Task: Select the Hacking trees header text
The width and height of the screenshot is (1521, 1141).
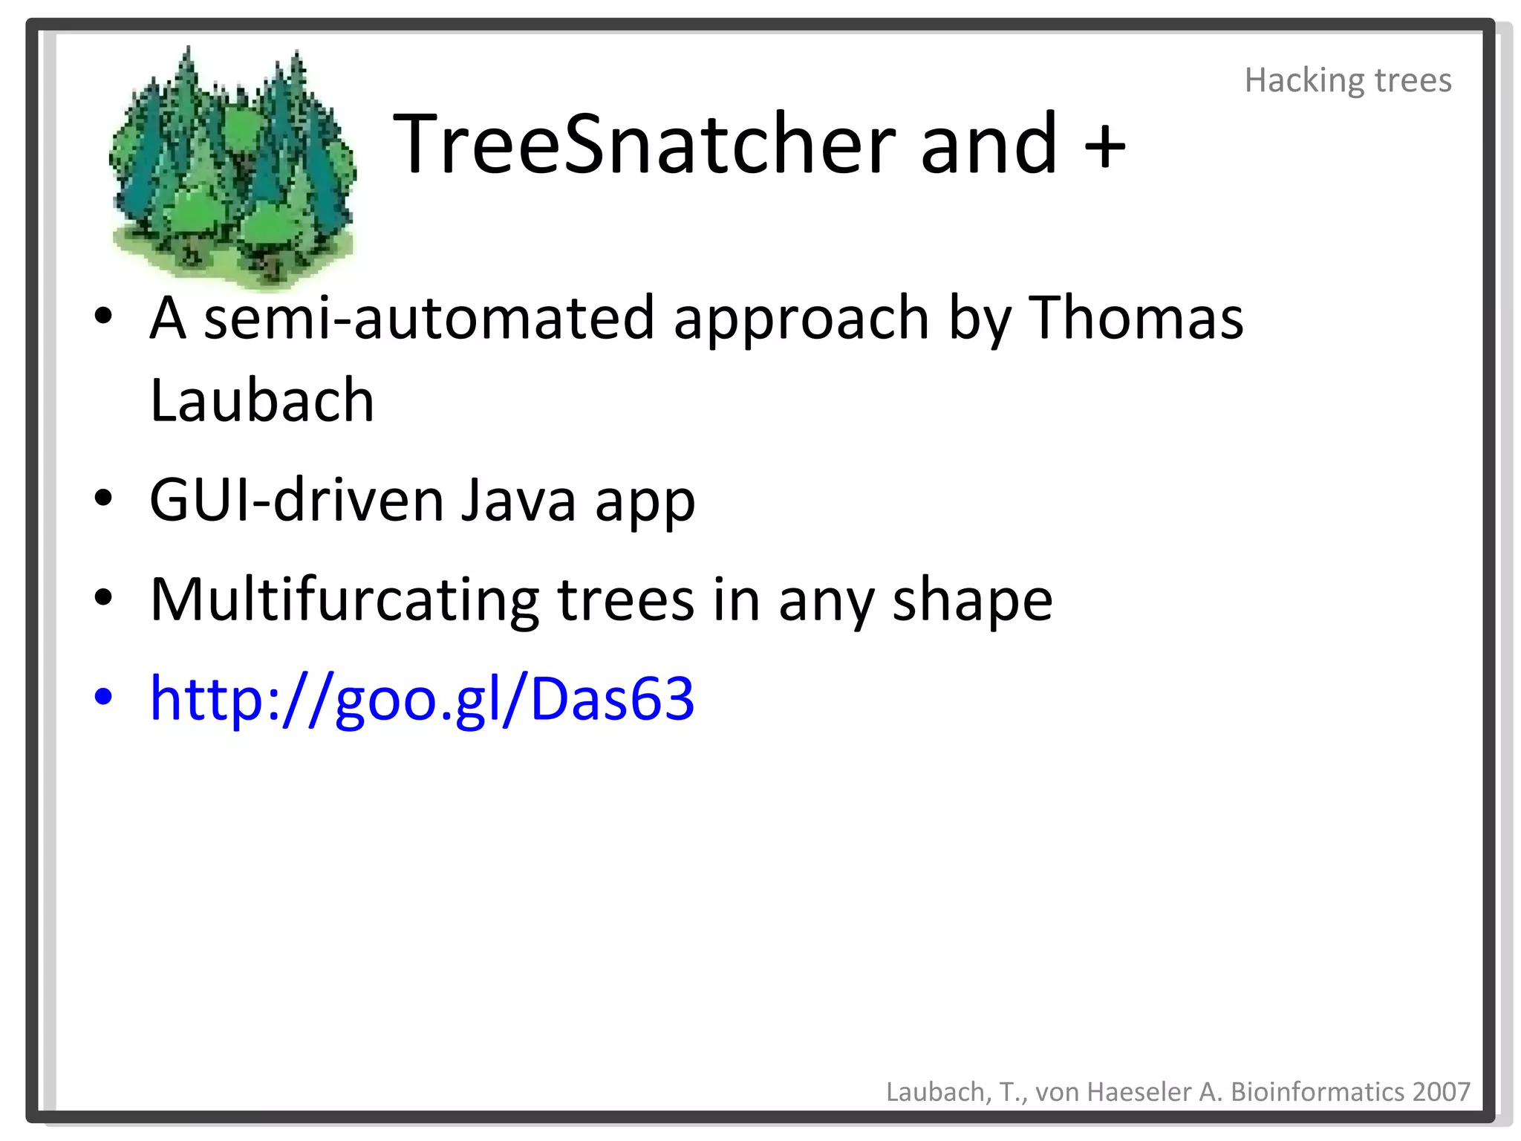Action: [x=1347, y=80]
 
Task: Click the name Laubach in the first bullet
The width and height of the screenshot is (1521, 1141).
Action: [x=262, y=400]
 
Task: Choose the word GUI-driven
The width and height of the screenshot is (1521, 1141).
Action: [x=296, y=500]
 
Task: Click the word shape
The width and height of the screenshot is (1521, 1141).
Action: [x=972, y=600]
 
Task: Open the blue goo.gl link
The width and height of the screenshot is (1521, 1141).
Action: [x=422, y=698]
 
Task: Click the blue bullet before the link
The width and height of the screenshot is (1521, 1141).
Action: [x=103, y=697]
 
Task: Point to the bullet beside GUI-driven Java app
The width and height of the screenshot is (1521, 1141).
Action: [x=103, y=498]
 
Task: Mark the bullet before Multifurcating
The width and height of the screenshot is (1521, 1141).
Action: [x=103, y=597]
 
